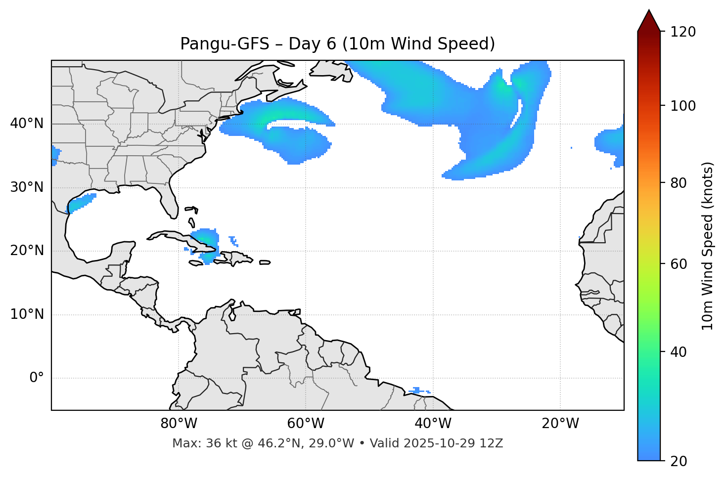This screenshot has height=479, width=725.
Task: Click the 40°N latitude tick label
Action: [27, 124]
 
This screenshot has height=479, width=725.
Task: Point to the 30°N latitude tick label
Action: [27, 187]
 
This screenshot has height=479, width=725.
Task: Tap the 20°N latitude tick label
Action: [27, 251]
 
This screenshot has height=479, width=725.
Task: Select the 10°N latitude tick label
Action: [27, 314]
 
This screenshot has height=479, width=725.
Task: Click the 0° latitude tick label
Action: [37, 378]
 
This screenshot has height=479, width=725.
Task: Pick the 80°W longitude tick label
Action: [179, 424]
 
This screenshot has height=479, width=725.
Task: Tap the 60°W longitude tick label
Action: [306, 424]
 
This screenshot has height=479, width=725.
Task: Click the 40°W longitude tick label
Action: [433, 424]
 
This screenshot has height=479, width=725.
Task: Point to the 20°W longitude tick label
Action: [560, 424]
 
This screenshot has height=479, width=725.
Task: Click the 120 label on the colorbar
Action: [683, 32]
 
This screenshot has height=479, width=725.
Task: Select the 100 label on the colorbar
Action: [683, 106]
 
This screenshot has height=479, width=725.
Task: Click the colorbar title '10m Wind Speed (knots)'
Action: [708, 246]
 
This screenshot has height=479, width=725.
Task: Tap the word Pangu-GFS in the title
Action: [225, 44]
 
